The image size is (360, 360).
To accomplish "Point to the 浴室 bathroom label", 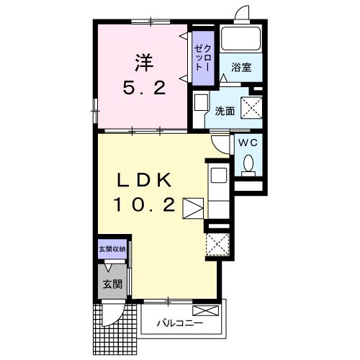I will tap(240, 68).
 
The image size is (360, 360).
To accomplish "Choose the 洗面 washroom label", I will tap(225, 111).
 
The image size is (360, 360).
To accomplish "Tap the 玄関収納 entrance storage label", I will tap(112, 249).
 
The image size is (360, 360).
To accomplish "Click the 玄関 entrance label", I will tap(112, 282).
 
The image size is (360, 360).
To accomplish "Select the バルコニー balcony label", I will tap(181, 323).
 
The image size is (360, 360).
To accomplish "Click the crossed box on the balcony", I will tap(204, 311).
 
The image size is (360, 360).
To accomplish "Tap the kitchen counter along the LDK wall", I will tap(217, 187).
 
